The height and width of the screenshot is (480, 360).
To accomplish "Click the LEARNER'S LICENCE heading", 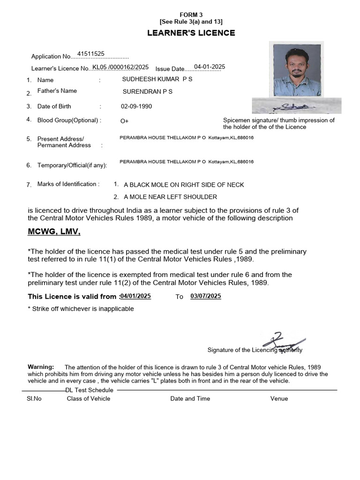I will point(191,33).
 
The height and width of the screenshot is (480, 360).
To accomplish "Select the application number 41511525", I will point(91,54).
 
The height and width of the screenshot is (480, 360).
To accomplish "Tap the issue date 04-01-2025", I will point(210,67).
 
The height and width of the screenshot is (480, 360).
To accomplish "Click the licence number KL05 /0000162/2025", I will point(120,67).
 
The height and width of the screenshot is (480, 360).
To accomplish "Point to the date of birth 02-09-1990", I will point(136,106).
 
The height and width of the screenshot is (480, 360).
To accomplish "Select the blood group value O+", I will point(124,121).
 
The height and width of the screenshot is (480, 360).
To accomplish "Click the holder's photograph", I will point(294,70).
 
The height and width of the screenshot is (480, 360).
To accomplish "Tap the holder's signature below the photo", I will point(296,106).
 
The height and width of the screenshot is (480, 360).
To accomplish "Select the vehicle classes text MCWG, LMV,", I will point(54,232).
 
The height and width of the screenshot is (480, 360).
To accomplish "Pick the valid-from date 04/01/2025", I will point(135,296).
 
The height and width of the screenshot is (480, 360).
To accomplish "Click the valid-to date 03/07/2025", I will point(206,296).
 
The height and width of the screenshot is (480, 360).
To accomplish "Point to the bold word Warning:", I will point(41,367).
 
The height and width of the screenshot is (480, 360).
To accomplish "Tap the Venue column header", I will point(279,398).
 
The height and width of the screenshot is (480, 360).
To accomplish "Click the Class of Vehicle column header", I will point(89,398).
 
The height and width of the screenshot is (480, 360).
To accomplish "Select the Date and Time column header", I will point(190,398).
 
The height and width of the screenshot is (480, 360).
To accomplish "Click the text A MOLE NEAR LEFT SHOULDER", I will point(170,197).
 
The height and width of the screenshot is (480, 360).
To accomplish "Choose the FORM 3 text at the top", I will point(191,15).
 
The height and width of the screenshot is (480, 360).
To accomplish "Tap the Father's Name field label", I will point(57,91).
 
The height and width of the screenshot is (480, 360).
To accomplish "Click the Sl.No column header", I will point(34,398).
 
